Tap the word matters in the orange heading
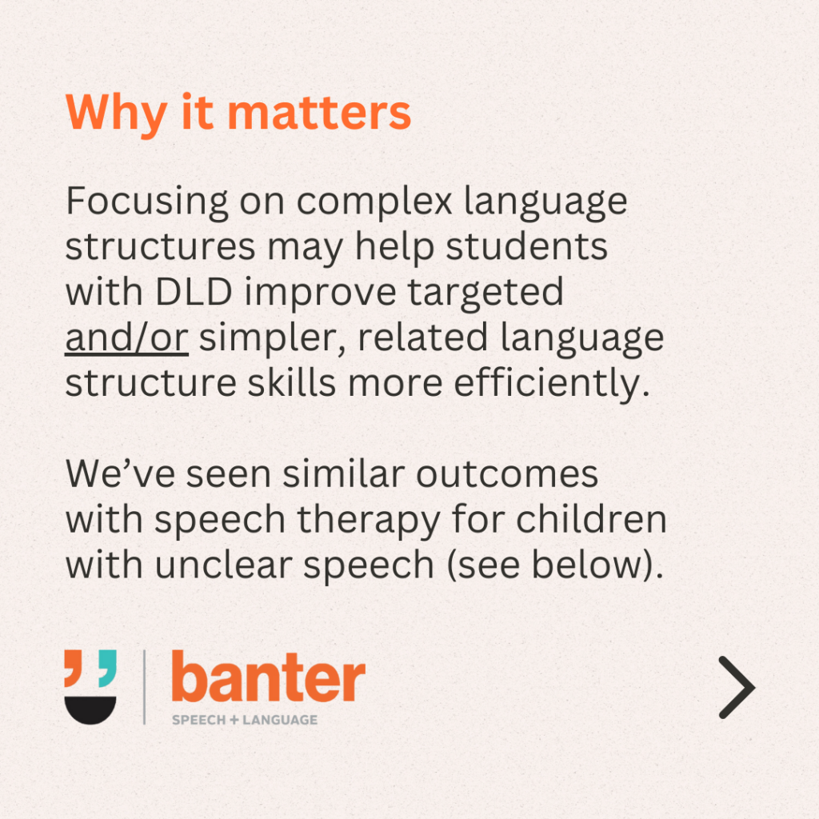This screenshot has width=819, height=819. (320, 112)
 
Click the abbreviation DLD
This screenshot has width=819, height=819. (194, 292)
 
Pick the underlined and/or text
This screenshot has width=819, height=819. (126, 338)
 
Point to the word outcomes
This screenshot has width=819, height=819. (506, 475)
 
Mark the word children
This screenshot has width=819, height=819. (591, 519)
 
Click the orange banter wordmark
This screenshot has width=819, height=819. (269, 676)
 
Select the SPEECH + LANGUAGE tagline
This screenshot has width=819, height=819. (245, 720)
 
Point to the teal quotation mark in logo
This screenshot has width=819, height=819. (107, 668)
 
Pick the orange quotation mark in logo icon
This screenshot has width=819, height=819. (73, 668)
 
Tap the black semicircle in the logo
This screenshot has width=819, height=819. (90, 709)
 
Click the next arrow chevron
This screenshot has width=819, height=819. (737, 687)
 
